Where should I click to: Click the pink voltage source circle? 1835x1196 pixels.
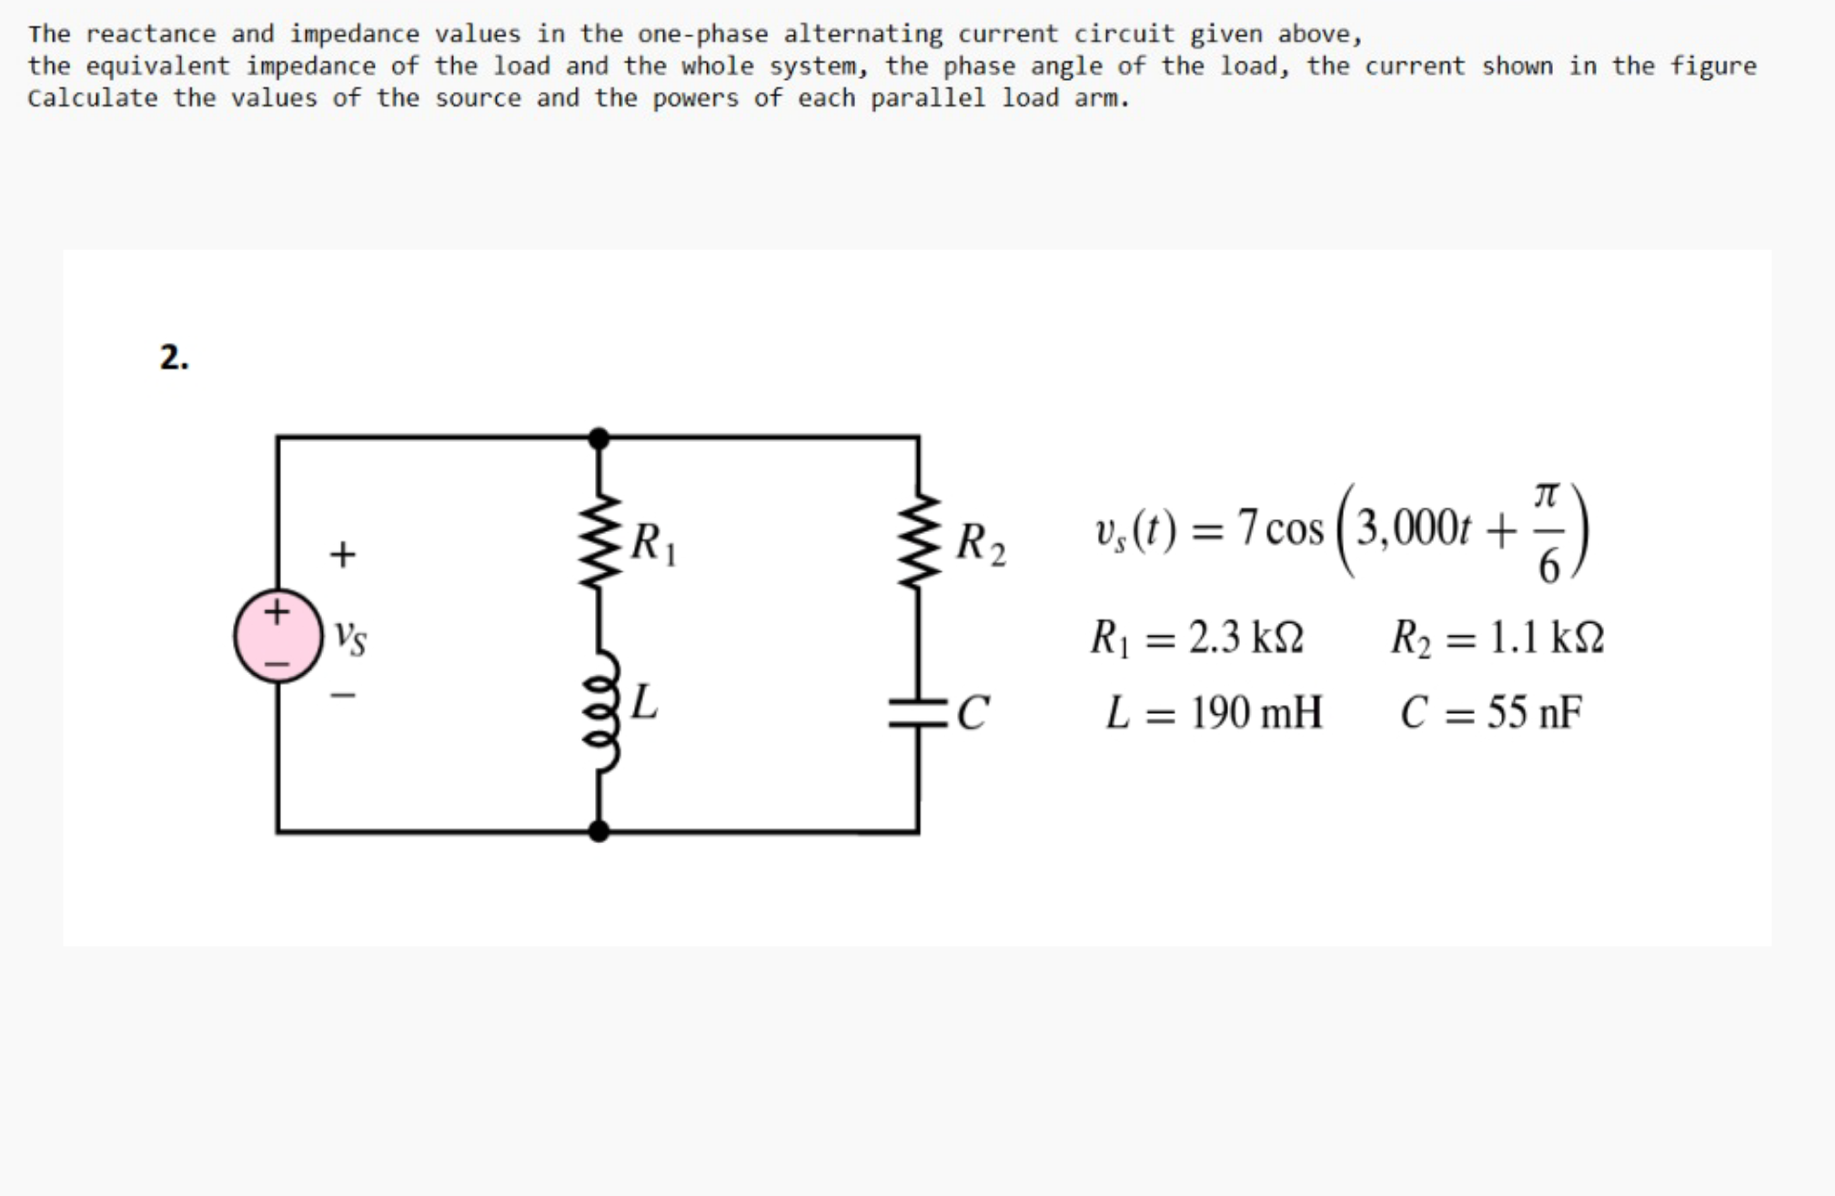[278, 635]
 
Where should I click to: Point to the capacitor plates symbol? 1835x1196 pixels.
[919, 712]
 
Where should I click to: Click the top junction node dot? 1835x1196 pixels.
[599, 438]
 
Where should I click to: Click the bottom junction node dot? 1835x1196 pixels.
[599, 830]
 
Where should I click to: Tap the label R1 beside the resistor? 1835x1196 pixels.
[653, 543]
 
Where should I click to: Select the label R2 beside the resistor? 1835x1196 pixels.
[981, 545]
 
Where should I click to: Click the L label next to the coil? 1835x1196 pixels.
[644, 702]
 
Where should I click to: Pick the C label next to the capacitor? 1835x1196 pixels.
[972, 712]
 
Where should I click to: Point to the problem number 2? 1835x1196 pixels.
[174, 357]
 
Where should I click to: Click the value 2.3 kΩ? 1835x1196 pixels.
[1246, 638]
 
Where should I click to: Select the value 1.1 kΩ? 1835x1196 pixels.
[1547, 638]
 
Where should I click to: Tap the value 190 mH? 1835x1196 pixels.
[1256, 712]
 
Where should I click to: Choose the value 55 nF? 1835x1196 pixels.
[1535, 712]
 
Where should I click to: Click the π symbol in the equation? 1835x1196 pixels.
[1547, 496]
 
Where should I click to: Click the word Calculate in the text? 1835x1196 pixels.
[92, 98]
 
